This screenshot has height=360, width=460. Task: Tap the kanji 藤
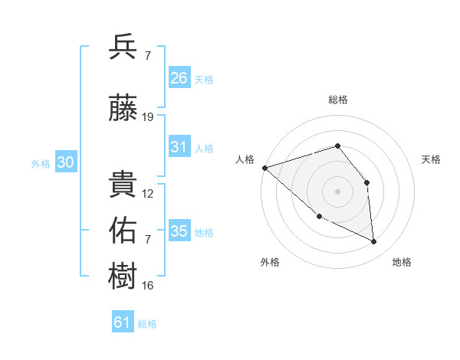123,110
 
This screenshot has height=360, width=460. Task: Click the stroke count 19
148,117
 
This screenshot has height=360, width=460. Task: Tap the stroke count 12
148,194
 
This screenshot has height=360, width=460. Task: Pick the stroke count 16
148,286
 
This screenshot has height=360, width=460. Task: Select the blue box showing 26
179,77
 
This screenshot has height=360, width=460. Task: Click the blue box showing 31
179,147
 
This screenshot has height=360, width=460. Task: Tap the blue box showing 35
179,231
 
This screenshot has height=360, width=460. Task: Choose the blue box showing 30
65,163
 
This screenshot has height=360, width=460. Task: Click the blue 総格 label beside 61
147,324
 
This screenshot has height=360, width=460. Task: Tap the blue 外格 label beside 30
41,164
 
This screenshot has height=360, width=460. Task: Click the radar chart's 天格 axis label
432,159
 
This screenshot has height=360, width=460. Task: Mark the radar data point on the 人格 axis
264,168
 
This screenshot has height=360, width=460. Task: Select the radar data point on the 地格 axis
374,242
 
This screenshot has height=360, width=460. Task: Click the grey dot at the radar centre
337,191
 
